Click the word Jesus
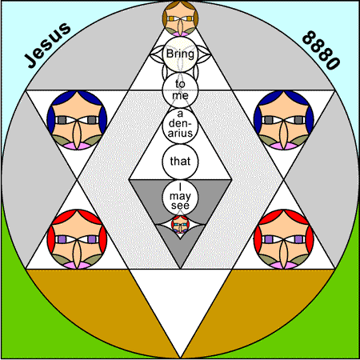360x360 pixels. [48, 45]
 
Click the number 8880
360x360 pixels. [322, 50]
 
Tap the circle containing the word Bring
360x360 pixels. [180, 54]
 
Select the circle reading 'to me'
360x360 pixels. [180, 90]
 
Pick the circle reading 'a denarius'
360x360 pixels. [180, 126]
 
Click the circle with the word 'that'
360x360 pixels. [180, 162]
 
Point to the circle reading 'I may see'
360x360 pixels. [180, 197]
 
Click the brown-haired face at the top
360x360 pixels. [180, 18]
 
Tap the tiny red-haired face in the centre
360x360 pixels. [180, 226]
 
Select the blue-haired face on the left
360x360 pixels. [77, 120]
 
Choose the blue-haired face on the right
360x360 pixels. [284, 120]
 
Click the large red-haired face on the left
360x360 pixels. [77, 239]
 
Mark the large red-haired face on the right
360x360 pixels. [284, 239]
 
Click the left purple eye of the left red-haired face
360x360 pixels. [62, 239]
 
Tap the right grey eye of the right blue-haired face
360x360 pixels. [298, 120]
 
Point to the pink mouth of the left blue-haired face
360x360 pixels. [77, 146]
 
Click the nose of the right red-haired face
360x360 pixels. [284, 253]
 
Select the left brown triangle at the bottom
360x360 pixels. [102, 302]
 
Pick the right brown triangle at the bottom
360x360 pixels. [258, 302]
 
